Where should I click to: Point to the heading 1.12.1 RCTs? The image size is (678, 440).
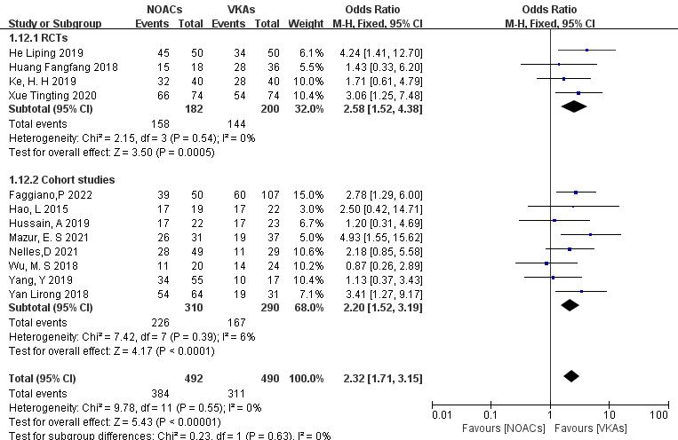pyautogui.click(x=38, y=39)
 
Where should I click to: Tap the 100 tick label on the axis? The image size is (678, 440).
pyautogui.click(x=658, y=415)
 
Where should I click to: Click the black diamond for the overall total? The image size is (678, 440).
pyautogui.click(x=571, y=378)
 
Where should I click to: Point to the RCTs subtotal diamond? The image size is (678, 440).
pyautogui.click(x=575, y=107)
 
